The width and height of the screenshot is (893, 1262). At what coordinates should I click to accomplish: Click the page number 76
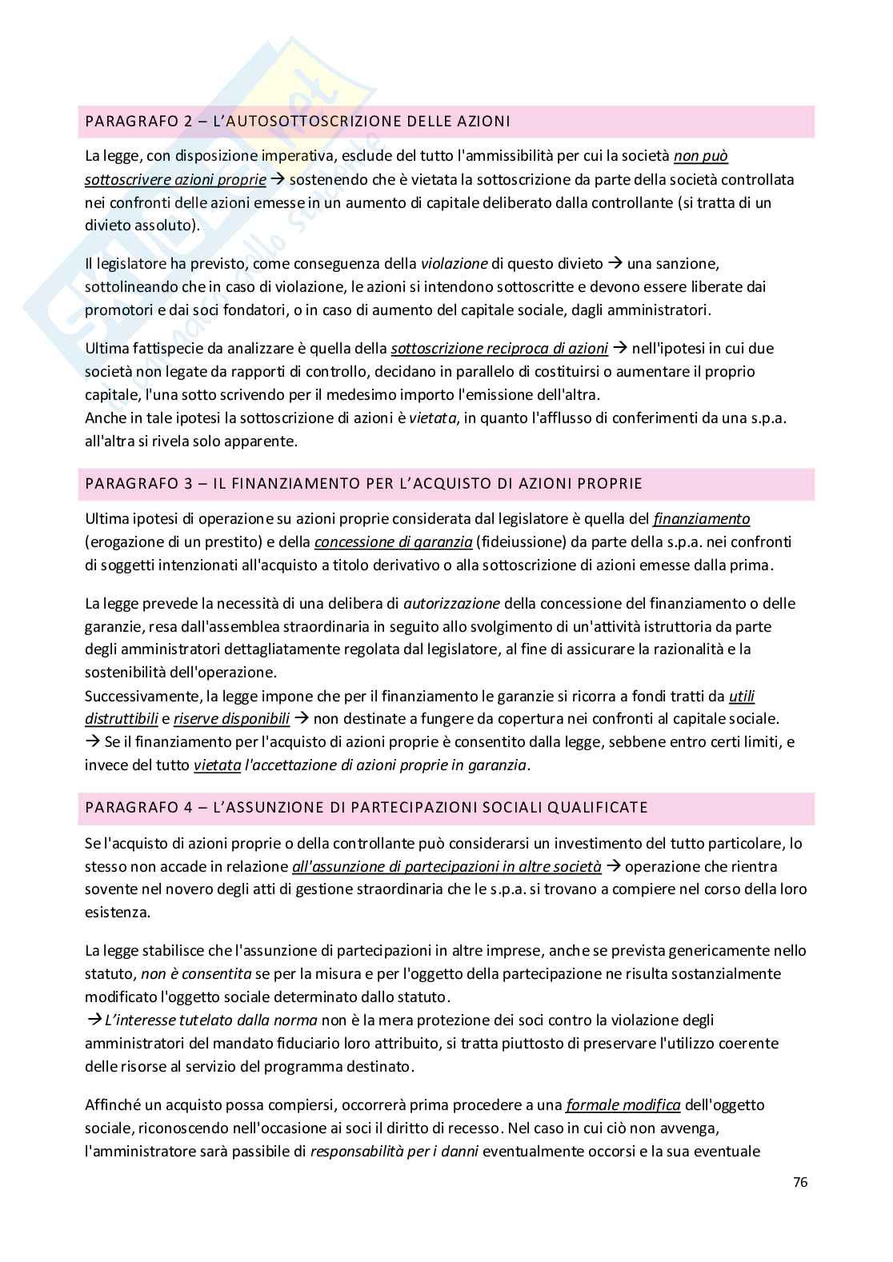click(800, 1183)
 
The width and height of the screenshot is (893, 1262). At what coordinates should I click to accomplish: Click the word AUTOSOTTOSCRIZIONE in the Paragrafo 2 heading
click(311, 122)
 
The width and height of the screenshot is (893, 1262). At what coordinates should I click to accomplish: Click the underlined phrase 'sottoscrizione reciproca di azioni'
click(499, 349)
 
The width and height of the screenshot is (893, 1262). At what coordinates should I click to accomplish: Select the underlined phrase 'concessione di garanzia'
click(393, 542)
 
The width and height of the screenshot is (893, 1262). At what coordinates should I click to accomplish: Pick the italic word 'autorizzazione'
click(452, 604)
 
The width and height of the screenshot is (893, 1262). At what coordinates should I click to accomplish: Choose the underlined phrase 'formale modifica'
click(623, 1105)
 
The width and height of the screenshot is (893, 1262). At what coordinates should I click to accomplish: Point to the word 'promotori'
click(115, 310)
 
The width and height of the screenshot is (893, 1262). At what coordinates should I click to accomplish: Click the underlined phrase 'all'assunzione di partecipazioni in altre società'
click(446, 866)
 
